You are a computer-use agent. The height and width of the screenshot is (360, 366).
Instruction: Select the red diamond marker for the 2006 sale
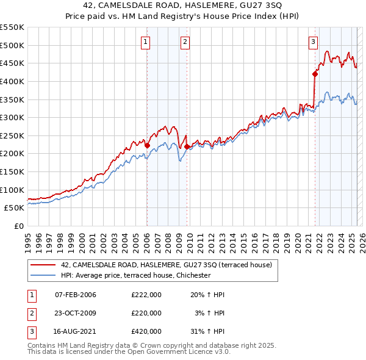point(147,146)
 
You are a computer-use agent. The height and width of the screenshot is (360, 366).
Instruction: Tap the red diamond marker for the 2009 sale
point(187,146)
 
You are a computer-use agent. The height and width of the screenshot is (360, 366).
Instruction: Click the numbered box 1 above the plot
point(146,42)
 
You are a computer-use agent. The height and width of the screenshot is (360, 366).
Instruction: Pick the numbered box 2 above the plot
point(185,42)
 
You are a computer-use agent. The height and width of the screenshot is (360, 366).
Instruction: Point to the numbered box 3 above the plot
point(313,42)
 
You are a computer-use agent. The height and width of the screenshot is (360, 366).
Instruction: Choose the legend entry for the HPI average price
point(135,275)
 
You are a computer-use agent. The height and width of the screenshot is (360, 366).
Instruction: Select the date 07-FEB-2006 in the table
point(76,295)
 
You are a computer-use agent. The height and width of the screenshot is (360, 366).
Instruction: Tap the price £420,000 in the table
point(146,331)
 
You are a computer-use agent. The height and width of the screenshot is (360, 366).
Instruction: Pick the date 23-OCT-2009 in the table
point(76,313)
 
